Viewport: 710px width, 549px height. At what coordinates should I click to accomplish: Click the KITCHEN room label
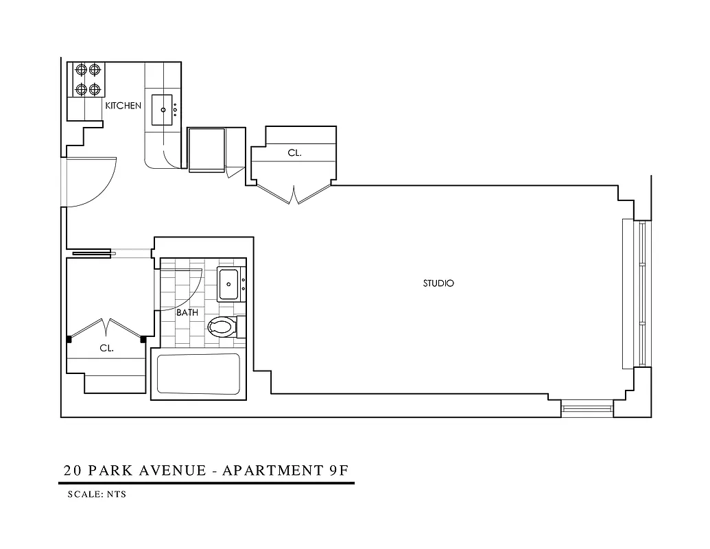(123, 106)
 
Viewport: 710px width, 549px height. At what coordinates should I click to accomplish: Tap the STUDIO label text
(438, 283)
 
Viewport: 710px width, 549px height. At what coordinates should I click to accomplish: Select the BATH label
(187, 312)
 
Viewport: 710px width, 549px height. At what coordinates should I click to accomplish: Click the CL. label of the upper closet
(294, 154)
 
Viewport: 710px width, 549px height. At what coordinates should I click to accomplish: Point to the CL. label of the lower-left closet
(106, 348)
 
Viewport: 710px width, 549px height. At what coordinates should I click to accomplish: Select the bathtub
(198, 374)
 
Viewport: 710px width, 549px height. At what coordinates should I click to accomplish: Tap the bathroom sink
(228, 284)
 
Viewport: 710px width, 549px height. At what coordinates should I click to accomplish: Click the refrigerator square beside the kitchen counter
(206, 148)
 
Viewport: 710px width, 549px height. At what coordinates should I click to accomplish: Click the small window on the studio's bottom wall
(587, 409)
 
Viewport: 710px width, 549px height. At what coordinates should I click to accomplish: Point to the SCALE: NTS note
(97, 494)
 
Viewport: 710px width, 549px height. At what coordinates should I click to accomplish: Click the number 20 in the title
(71, 471)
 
